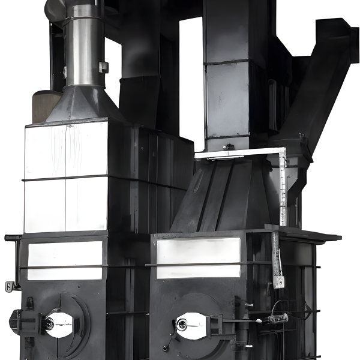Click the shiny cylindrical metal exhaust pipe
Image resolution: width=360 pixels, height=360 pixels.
click(x=83, y=45)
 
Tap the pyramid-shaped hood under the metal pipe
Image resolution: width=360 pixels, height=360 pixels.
click(x=84, y=105)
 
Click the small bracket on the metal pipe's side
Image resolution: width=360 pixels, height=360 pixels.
click(x=104, y=67)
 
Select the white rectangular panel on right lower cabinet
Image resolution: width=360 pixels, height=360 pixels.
click(x=198, y=258)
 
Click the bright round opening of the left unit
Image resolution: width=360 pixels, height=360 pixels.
click(x=58, y=324)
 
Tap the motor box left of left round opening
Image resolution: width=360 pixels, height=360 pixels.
click(x=24, y=323)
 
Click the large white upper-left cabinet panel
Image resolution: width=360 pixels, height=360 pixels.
click(x=66, y=177)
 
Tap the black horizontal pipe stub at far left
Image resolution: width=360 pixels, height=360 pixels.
click(x=12, y=238)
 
